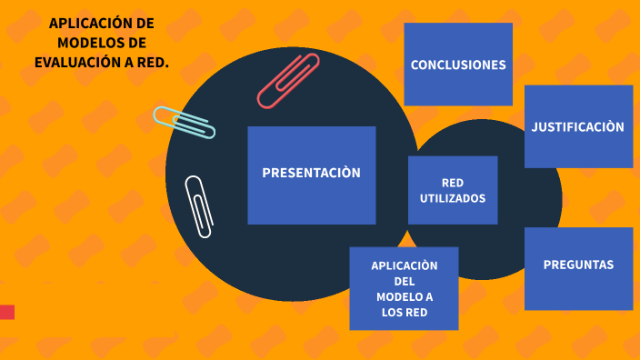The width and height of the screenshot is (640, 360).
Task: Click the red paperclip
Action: click(288, 80)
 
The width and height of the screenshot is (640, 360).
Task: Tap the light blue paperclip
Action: click(184, 122)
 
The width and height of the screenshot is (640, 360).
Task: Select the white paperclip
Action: click(199, 206)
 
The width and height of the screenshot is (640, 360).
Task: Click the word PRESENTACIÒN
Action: click(311, 173)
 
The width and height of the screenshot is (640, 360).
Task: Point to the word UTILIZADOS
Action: click(453, 198)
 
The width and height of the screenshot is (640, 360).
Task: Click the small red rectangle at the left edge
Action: click(6, 312)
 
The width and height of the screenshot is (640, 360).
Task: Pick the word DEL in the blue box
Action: click(405, 281)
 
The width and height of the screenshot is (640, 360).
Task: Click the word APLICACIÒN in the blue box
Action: click(405, 265)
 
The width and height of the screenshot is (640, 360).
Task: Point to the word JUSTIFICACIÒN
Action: click(578, 127)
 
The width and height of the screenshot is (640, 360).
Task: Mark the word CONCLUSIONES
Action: click(458, 65)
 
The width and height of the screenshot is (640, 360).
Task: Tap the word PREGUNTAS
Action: click(578, 265)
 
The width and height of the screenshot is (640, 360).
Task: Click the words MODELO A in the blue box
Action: click(405, 297)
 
